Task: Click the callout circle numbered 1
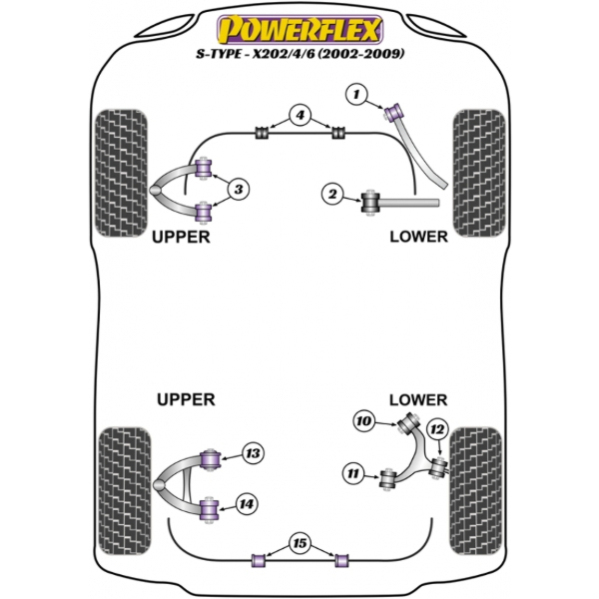355,94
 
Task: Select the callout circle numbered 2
331,195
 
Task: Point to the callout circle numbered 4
299,115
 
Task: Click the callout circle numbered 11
351,472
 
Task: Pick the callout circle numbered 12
436,429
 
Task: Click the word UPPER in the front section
181,238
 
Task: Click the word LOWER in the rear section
418,399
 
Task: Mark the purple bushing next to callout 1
393,108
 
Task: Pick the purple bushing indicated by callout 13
211,460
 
